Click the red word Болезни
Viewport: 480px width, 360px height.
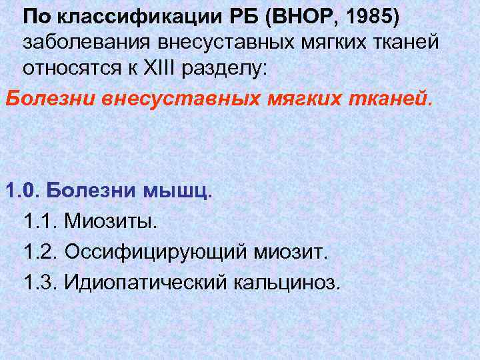[51, 99]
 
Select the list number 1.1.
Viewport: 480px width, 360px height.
[40, 221]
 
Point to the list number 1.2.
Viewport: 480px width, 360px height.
[40, 252]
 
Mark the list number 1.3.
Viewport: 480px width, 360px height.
[40, 283]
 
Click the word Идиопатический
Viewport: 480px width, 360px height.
[145, 283]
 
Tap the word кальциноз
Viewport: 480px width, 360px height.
[287, 283]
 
